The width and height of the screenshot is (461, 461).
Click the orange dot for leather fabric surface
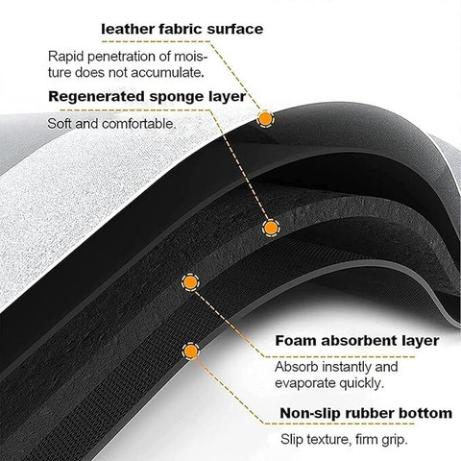pos(265,119)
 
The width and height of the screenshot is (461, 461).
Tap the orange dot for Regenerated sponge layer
pos(271,228)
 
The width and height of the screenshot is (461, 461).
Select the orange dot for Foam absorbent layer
pos(190,282)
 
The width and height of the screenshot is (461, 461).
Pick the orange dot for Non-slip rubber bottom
pos(191,351)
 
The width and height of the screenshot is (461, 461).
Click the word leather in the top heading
pos(128,29)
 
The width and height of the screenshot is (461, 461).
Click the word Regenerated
pos(96,97)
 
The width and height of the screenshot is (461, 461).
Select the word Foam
pos(296,341)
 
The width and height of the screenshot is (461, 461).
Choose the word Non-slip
pos(309,413)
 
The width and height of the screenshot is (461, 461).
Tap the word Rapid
pos(66,57)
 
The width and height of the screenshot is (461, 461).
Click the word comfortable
pos(138,124)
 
